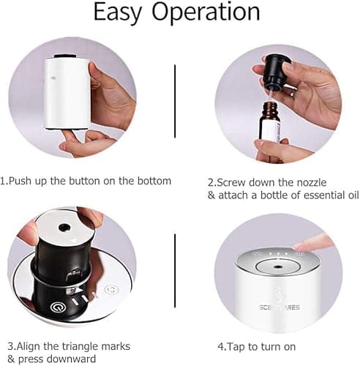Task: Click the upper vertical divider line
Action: click(x=176, y=100)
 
